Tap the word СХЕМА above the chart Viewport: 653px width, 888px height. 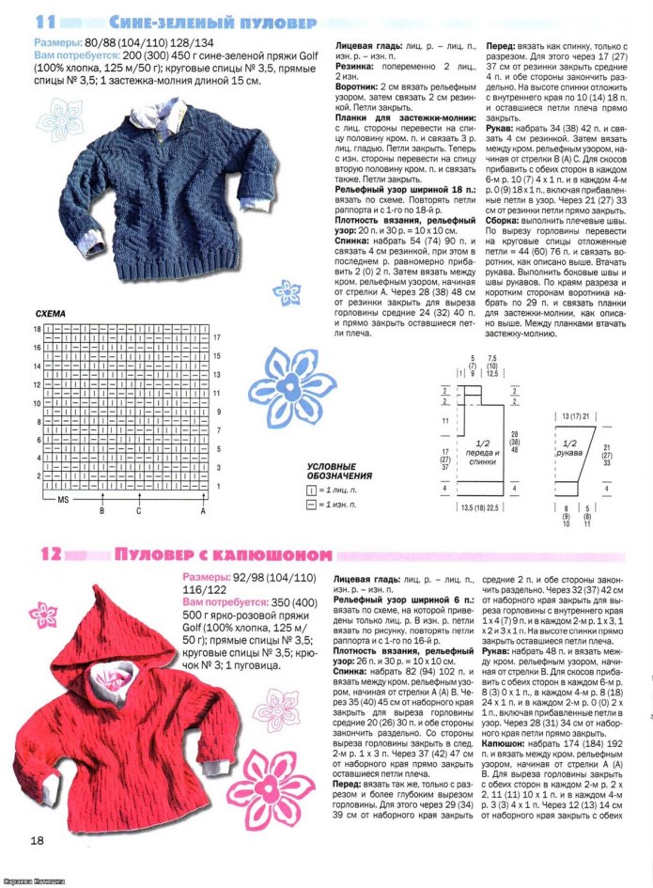50,312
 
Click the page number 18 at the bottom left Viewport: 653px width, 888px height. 37,839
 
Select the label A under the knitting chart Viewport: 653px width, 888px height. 202,511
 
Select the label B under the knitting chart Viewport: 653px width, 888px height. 101,511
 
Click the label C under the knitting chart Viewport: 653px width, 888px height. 138,511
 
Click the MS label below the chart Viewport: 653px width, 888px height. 63,500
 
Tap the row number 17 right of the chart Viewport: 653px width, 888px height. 216,336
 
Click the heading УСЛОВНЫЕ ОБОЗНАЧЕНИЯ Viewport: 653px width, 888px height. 339,471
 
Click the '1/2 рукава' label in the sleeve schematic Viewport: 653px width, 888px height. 569,447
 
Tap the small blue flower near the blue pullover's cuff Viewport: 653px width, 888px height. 285,288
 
